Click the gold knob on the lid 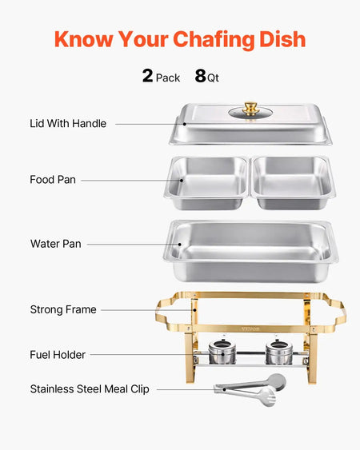pyautogui.click(x=251, y=107)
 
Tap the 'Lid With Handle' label pyautogui.click(x=68, y=124)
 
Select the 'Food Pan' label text pyautogui.click(x=53, y=180)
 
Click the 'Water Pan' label pyautogui.click(x=55, y=243)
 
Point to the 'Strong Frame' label pyautogui.click(x=63, y=309)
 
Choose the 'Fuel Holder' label pyautogui.click(x=58, y=354)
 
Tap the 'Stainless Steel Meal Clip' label pyautogui.click(x=89, y=389)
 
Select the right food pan pyautogui.click(x=293, y=183)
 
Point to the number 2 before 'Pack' pyautogui.click(x=147, y=76)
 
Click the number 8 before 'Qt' pyautogui.click(x=200, y=76)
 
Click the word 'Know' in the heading pyautogui.click(x=84, y=39)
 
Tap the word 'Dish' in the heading pyautogui.click(x=278, y=39)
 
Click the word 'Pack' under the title pyautogui.click(x=168, y=78)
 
